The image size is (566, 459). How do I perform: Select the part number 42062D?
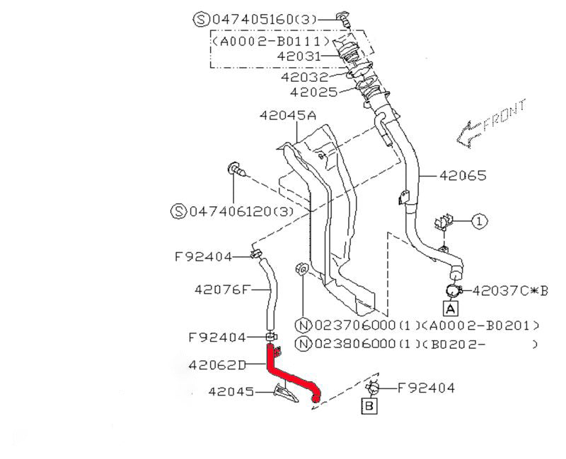(x=217, y=366)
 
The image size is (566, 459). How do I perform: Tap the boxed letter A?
(x=451, y=308)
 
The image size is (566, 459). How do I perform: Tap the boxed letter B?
(x=369, y=405)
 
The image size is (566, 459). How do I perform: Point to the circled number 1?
(x=478, y=221)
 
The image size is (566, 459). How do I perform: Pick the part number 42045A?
(x=287, y=115)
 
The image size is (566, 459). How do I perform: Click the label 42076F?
(x=222, y=288)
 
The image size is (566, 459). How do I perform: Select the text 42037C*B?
(x=510, y=290)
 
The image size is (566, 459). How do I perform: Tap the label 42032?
(x=304, y=76)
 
